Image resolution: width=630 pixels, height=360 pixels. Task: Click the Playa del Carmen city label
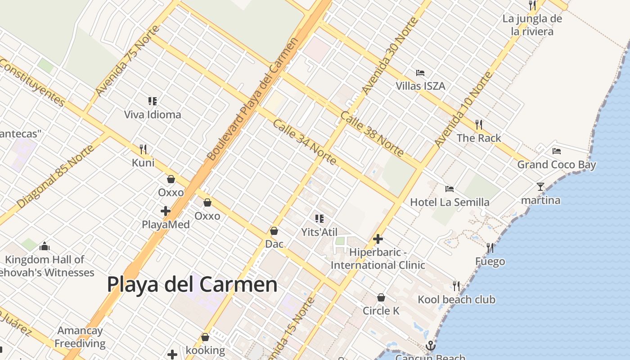point(192,284)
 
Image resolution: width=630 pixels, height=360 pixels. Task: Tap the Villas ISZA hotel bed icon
point(420,73)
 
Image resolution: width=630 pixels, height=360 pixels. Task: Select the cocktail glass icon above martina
point(540,186)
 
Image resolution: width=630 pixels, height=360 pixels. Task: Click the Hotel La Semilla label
point(450,202)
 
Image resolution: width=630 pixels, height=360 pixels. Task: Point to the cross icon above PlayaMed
point(166,211)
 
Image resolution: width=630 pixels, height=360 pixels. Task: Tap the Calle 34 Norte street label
point(304,142)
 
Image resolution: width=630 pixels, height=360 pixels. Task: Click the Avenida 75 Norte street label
point(127,61)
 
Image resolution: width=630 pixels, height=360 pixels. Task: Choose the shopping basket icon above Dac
point(274,231)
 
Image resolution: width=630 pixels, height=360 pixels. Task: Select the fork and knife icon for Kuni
point(143,149)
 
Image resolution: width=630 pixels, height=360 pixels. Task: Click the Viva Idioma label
point(153,114)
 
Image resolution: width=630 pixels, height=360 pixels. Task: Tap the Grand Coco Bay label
point(556,165)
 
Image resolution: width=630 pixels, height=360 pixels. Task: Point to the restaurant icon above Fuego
point(490,247)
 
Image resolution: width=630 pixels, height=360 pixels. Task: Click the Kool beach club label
point(456,300)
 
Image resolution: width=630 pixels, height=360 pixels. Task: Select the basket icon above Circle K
point(381,297)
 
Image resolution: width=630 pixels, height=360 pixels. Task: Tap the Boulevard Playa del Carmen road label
point(252,99)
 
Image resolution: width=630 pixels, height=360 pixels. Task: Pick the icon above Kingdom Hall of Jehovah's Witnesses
point(44,246)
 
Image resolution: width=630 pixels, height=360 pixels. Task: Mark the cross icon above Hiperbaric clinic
point(378,239)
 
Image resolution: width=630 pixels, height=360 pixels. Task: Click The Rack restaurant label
point(479,138)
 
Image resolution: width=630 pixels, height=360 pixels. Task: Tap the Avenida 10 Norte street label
point(463,109)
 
